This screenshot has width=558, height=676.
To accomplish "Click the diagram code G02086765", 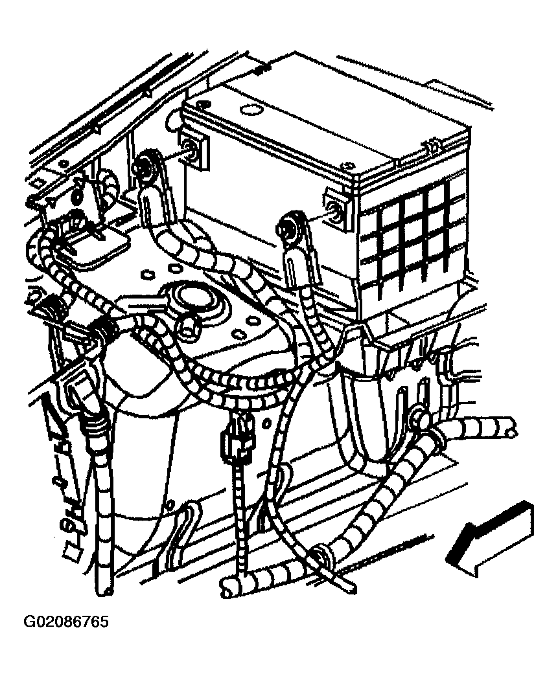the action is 65,622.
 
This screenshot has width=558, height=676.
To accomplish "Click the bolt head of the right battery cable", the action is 288,225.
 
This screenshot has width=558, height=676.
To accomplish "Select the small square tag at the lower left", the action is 71,552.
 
